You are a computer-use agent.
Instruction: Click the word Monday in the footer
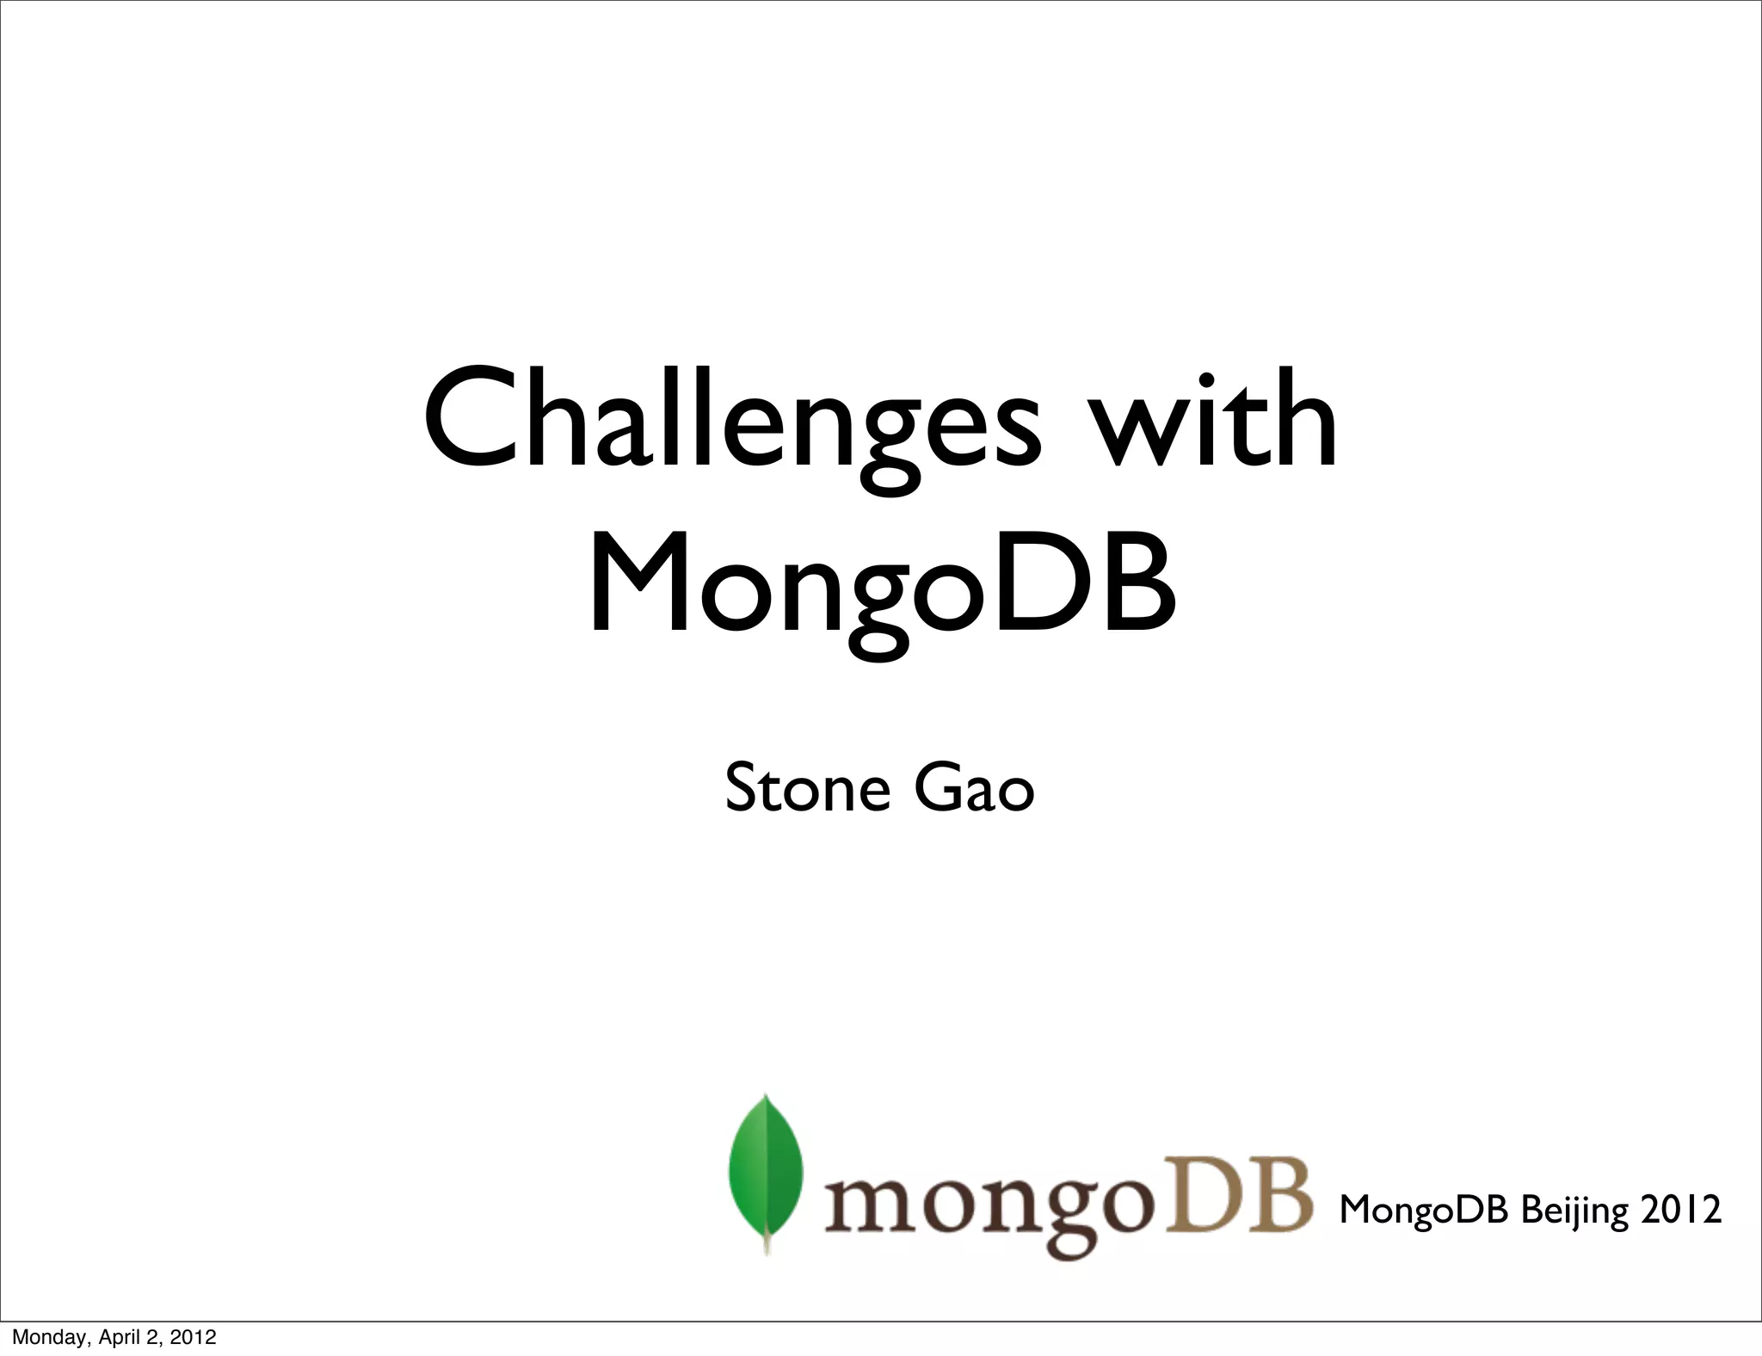[x=40, y=1338]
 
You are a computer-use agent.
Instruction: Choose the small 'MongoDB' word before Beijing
[x=1423, y=1209]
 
